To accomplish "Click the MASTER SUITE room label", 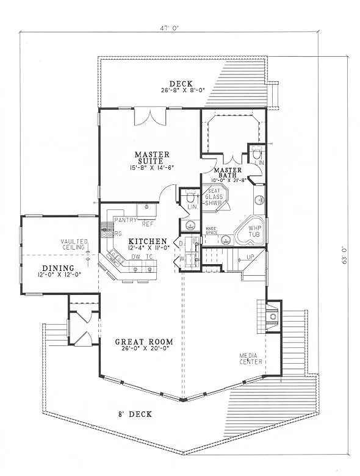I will [152, 158].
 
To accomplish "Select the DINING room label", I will [58, 268].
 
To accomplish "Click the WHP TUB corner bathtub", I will [252, 232].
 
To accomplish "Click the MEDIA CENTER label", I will [251, 358].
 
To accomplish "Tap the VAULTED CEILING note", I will [74, 245].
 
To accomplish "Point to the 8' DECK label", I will [135, 414].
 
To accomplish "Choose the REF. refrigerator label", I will [147, 224].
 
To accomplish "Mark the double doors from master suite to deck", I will [149, 116].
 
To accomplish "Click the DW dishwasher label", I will [136, 257].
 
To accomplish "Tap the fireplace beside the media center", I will [272, 316].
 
